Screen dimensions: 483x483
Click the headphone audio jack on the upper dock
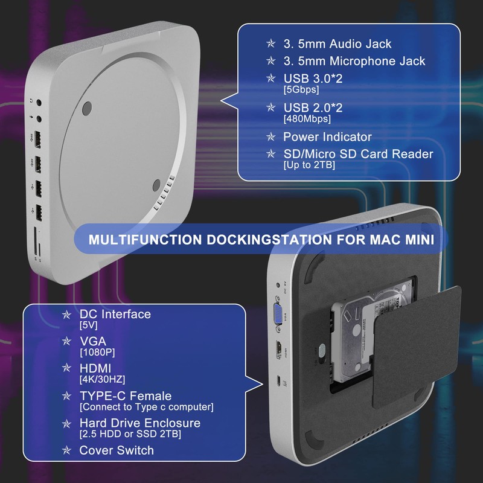click(x=40, y=103)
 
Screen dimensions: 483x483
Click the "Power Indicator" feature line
click(x=327, y=137)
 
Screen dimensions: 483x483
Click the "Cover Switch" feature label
click(x=117, y=450)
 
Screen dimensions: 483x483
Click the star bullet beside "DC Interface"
click(x=67, y=315)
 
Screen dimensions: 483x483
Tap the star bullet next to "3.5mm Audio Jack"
click(x=271, y=44)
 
